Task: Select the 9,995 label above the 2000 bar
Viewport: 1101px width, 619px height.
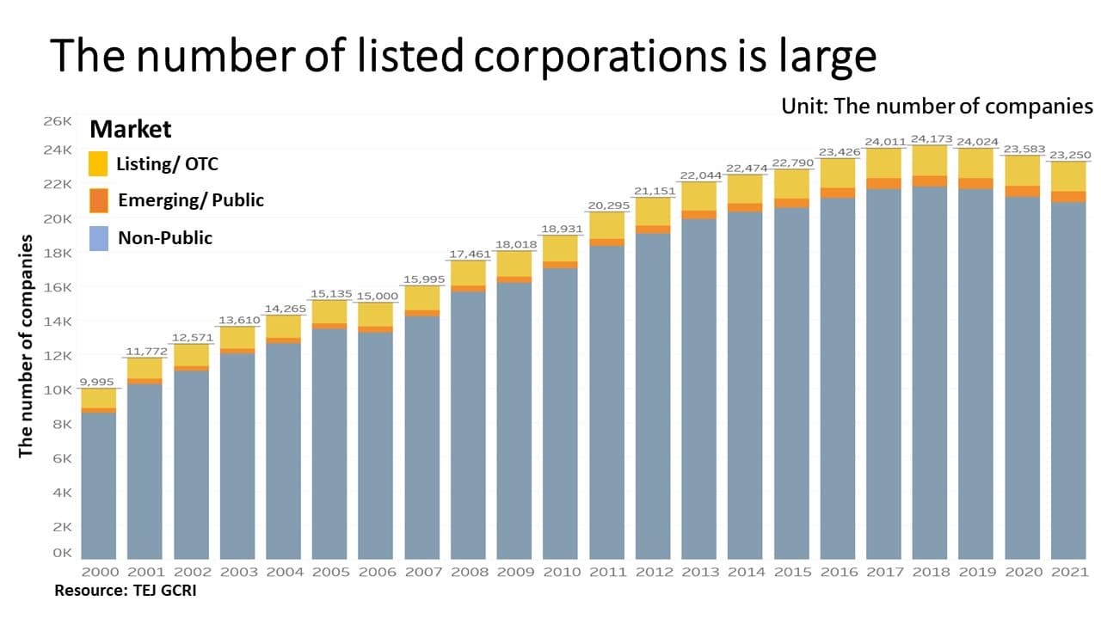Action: pos(97,382)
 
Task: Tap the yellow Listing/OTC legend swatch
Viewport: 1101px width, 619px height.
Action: pos(98,163)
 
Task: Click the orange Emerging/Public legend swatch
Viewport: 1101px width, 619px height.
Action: pos(98,200)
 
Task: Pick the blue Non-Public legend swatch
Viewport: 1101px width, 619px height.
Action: pos(98,238)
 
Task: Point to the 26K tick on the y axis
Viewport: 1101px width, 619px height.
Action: pos(58,121)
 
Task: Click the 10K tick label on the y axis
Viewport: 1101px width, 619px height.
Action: pos(58,389)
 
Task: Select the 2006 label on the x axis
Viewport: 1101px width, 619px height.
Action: pos(375,572)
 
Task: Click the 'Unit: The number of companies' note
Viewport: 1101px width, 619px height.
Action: pos(937,106)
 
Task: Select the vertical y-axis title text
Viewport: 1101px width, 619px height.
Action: pos(26,346)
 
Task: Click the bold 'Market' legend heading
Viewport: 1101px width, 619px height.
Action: pos(131,130)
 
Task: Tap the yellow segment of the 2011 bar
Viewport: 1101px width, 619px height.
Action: pos(606,225)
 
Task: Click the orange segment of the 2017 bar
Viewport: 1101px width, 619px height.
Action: pos(883,183)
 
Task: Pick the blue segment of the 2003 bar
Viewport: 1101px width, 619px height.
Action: pos(237,456)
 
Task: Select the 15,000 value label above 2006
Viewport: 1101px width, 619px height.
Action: pos(375,296)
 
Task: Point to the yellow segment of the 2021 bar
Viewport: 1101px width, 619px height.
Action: pos(1068,176)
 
